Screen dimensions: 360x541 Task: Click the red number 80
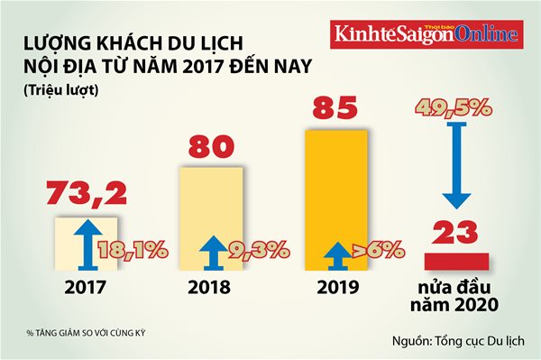pos(209,148)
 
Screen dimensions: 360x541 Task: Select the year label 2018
pos(209,289)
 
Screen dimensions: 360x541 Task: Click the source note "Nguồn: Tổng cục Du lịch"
pos(461,341)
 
